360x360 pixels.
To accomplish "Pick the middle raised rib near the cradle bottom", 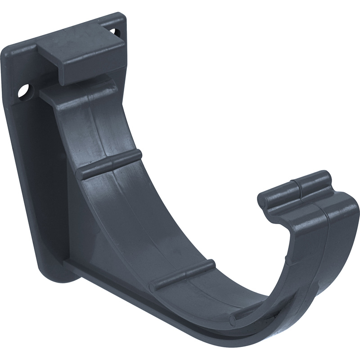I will [182, 274].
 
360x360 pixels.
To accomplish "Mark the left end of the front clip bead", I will [264, 200].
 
